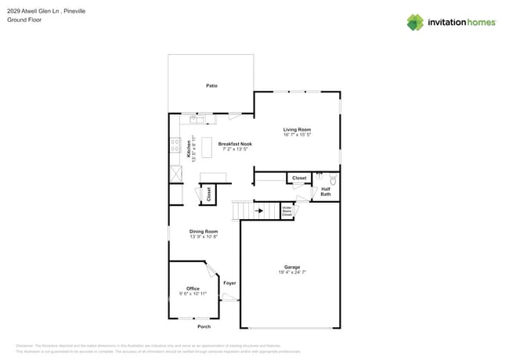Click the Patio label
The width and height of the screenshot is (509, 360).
click(x=211, y=85)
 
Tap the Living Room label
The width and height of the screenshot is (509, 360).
click(x=297, y=129)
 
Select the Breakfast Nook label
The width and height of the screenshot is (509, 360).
click(x=235, y=144)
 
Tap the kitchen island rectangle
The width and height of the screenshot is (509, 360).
click(x=207, y=147)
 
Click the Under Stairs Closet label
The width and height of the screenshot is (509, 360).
click(x=287, y=211)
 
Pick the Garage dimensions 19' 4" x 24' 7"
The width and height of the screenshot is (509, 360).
click(x=292, y=272)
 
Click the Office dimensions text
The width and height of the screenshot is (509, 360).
click(x=193, y=293)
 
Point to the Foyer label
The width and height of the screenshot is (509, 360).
click(x=229, y=283)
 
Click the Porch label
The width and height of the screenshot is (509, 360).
click(x=204, y=326)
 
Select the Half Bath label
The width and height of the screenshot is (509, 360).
click(x=326, y=191)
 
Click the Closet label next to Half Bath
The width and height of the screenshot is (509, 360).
click(x=299, y=178)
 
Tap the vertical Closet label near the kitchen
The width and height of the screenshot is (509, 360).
click(x=208, y=194)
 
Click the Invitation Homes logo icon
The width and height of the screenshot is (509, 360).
click(x=415, y=22)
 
